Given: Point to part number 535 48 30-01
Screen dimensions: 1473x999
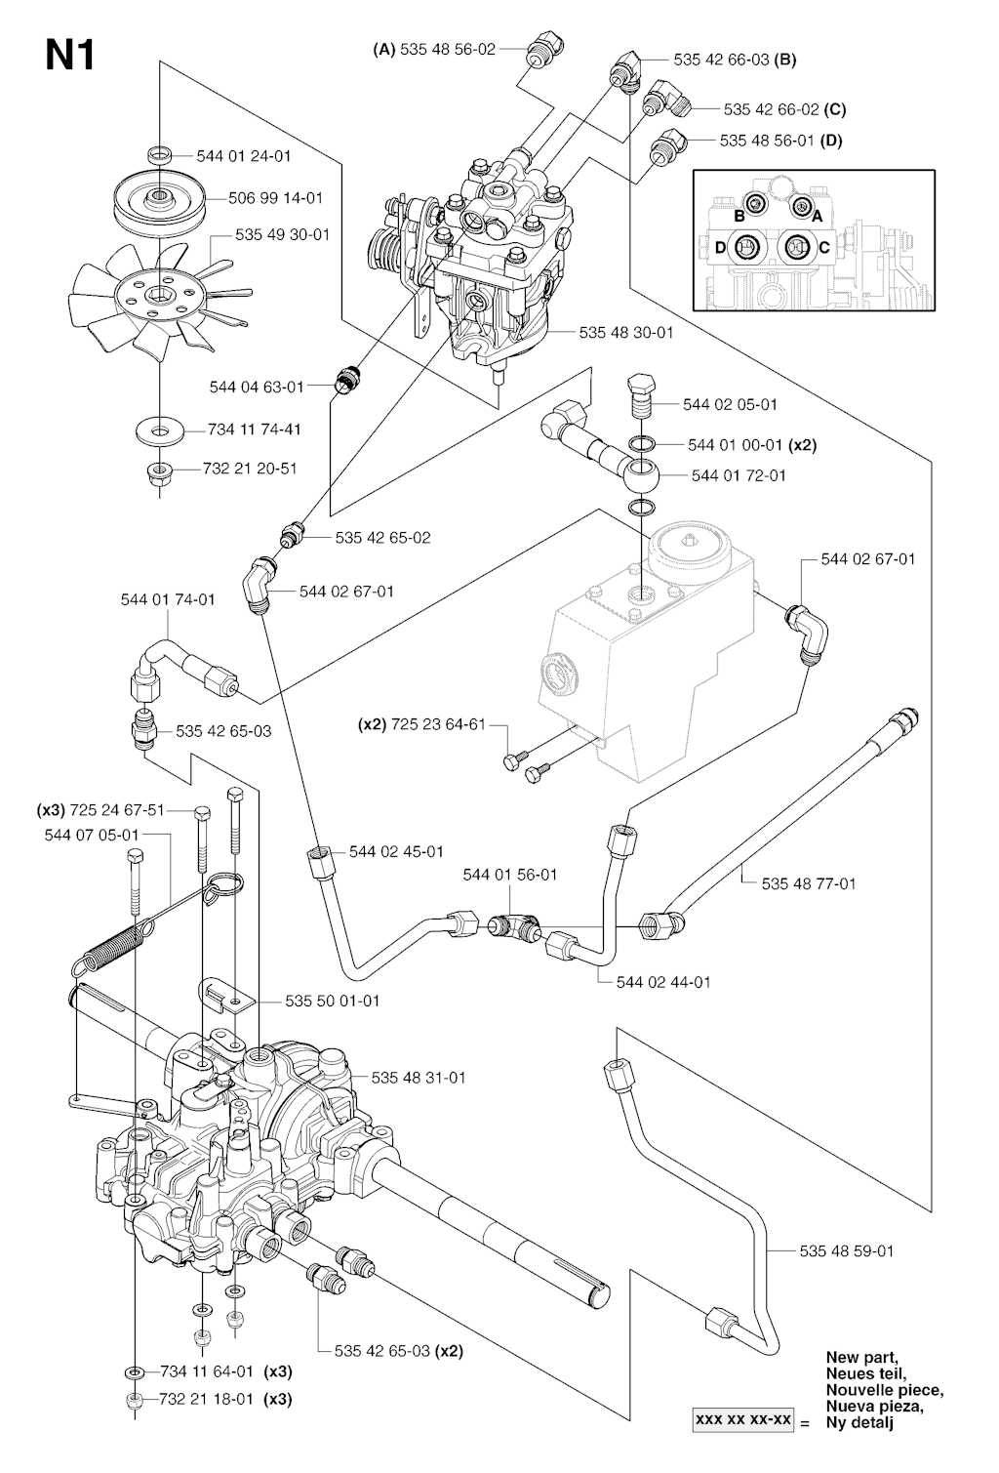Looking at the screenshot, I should [x=625, y=333].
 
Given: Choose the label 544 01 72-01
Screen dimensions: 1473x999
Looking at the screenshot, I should [x=739, y=475].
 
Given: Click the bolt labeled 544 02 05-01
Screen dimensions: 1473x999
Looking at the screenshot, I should [x=641, y=395].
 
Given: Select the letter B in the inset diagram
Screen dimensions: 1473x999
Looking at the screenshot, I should [x=739, y=215].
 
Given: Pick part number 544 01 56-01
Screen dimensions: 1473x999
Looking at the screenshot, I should [x=509, y=875].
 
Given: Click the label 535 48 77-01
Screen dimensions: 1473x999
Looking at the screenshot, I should [x=809, y=883].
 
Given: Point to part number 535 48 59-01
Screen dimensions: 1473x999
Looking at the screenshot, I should [x=847, y=1250].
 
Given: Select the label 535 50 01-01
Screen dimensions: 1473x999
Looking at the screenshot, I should [x=333, y=1001].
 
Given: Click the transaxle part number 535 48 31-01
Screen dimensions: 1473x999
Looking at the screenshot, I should [x=418, y=1078].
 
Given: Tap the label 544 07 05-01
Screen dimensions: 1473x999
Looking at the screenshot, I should [x=92, y=835].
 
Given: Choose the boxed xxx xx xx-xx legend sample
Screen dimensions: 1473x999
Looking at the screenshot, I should [x=741, y=1420].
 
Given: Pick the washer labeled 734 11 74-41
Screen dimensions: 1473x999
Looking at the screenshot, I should [x=156, y=429].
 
